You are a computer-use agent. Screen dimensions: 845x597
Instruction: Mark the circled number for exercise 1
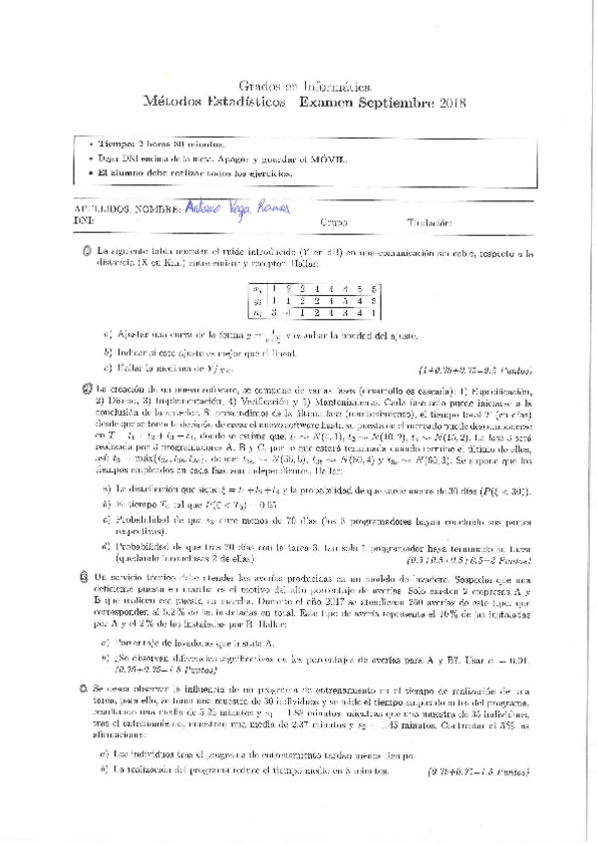tap(87, 253)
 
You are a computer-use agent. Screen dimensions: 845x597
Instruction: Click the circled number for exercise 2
tap(87, 389)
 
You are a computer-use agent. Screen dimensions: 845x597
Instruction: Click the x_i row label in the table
tap(258, 288)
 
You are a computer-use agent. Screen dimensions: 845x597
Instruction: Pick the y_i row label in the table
tap(258, 300)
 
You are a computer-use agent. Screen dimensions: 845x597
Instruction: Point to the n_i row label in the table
tap(258, 313)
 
